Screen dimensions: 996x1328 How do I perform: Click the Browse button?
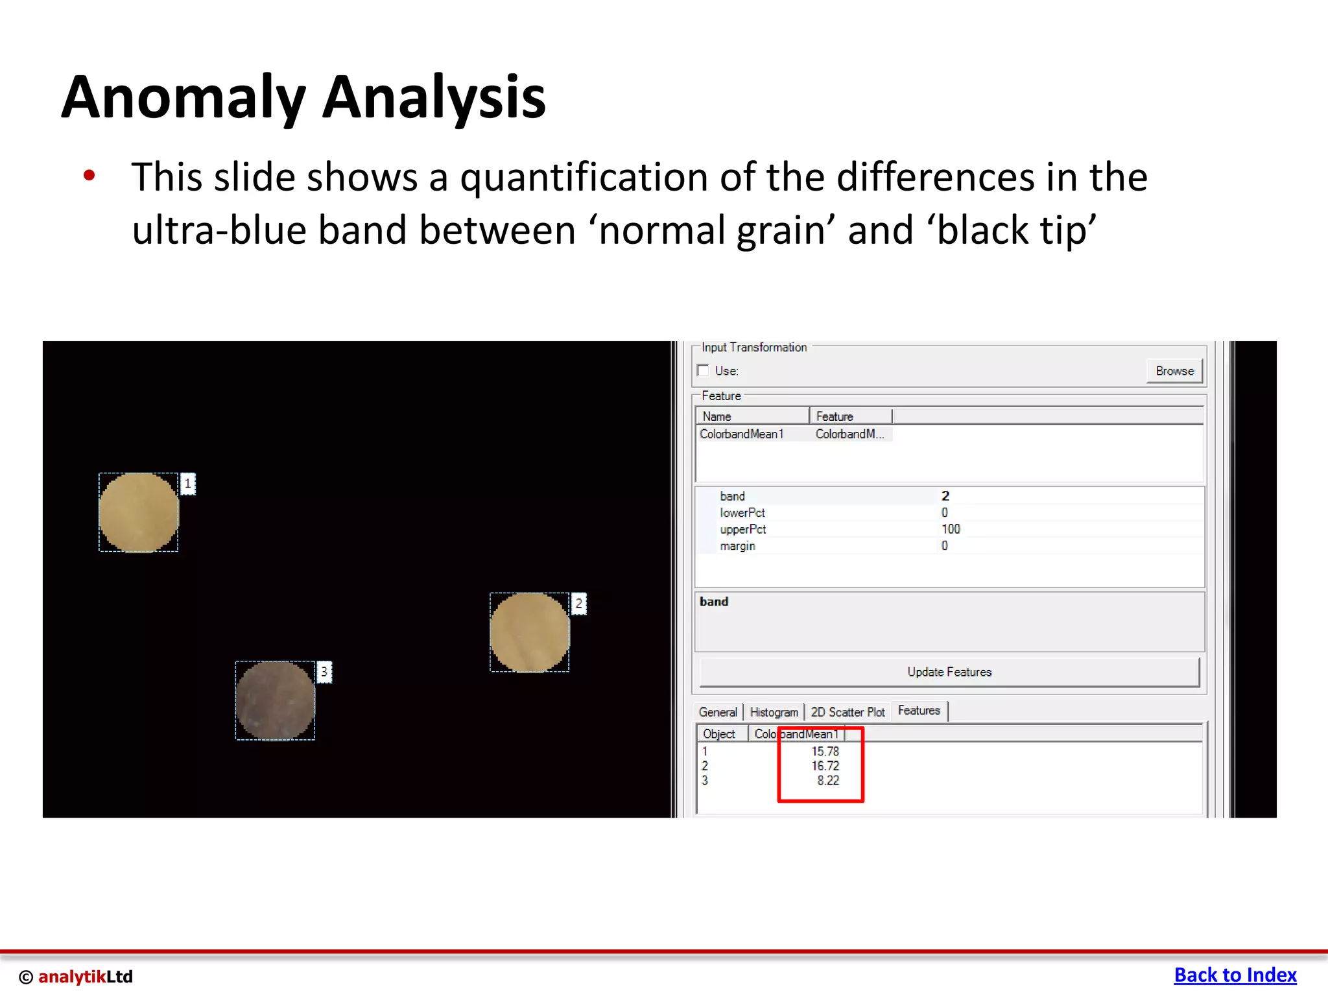(x=1174, y=371)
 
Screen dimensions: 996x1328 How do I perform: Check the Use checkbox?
(x=703, y=370)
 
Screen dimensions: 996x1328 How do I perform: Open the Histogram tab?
(x=774, y=712)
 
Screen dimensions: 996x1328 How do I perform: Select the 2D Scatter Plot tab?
(x=848, y=712)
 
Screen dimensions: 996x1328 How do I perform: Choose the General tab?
(x=718, y=712)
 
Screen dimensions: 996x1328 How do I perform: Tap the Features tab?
(x=919, y=711)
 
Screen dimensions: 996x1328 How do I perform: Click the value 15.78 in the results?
(x=825, y=752)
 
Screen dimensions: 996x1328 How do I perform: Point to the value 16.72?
(x=825, y=766)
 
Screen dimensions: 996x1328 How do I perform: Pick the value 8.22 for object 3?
(x=827, y=781)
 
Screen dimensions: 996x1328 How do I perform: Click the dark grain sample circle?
(x=275, y=700)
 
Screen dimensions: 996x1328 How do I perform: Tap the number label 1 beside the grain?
(x=188, y=484)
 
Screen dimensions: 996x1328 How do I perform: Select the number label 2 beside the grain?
(x=579, y=604)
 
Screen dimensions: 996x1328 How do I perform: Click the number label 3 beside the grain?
(x=324, y=672)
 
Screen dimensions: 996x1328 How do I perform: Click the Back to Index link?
(x=1235, y=975)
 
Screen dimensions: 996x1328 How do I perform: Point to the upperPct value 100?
(x=951, y=529)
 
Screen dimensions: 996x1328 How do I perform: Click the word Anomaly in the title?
(x=184, y=99)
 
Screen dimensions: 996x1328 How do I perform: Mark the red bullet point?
(x=89, y=175)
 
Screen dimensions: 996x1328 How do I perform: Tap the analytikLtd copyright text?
(x=77, y=977)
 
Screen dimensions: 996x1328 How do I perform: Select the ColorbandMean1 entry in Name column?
(x=742, y=434)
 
